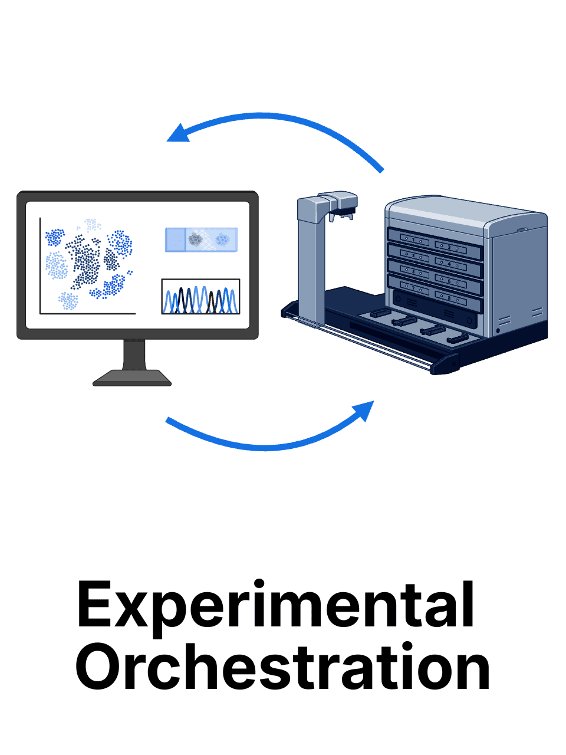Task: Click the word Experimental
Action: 276,606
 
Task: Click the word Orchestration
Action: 283,668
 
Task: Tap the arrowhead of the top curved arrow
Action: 177,133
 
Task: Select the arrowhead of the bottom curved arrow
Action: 364,410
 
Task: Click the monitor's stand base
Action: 132,377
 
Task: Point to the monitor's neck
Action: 134,354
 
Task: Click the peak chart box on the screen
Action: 200,297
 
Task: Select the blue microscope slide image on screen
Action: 201,239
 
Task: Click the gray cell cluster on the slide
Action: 195,239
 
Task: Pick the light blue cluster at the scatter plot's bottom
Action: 68,301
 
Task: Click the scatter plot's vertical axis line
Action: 40,265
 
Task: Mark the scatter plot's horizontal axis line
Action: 88,314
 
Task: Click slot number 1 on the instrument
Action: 415,238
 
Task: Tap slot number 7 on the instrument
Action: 415,288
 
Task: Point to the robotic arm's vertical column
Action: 311,260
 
